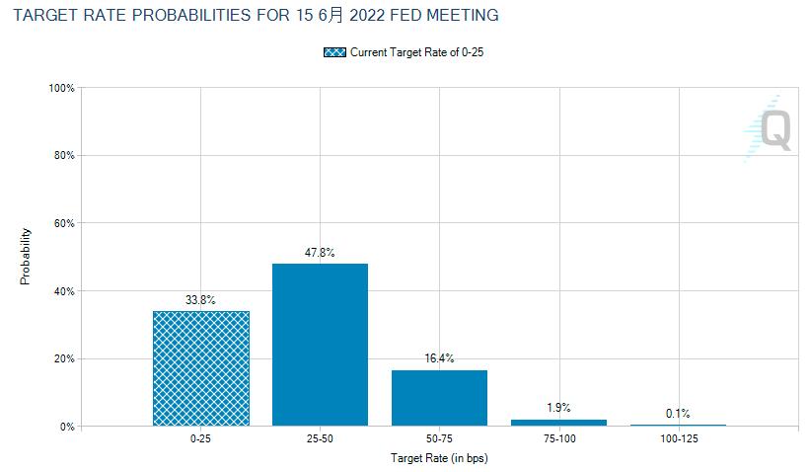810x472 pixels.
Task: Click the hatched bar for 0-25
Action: click(x=200, y=368)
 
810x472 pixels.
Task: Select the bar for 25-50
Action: click(x=320, y=345)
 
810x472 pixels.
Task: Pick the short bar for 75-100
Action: click(x=558, y=423)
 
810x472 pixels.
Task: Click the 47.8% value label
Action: click(x=320, y=253)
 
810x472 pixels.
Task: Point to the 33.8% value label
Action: click(x=200, y=300)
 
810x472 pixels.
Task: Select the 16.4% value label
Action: click(x=439, y=358)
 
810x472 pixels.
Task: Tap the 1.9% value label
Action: click(x=558, y=408)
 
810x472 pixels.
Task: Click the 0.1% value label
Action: click(x=678, y=414)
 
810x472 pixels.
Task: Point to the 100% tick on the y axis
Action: click(x=62, y=88)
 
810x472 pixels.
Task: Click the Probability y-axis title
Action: click(x=27, y=257)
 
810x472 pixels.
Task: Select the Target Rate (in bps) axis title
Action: click(x=439, y=459)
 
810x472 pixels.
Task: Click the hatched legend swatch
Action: click(x=334, y=52)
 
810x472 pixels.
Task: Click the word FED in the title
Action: click(x=404, y=15)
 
